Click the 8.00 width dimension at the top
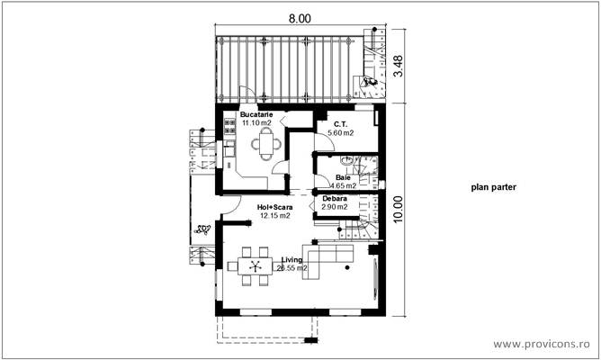300,18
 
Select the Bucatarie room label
256,114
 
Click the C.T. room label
340,123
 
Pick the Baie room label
343,178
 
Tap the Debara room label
335,198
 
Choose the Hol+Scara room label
274,207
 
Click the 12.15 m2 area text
274,216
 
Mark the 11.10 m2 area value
256,122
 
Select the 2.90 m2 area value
335,207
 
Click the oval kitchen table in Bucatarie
265,141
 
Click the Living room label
292,259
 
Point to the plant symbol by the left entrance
201,229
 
